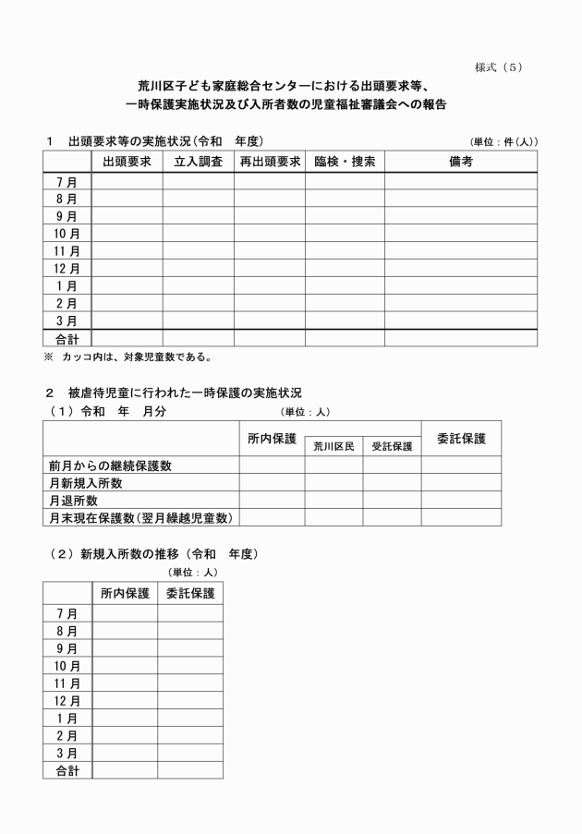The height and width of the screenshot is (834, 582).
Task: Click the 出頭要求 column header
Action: coord(127,162)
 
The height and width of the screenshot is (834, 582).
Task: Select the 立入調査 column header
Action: coord(199,162)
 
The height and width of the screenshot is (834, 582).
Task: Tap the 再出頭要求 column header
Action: coord(270,162)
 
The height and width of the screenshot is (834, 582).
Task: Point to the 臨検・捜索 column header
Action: coord(345,162)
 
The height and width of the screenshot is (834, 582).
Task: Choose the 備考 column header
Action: coord(461,162)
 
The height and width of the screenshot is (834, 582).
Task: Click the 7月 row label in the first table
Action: coord(67,182)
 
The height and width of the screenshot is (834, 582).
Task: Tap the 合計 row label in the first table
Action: coord(67,339)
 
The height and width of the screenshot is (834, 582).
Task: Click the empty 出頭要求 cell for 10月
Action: coord(127,234)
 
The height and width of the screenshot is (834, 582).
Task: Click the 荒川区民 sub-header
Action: coord(333,446)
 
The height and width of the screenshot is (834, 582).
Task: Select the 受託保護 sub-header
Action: coord(392,446)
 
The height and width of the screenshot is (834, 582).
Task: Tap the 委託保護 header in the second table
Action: coord(461,437)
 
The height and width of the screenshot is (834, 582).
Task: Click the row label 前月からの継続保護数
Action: coord(110,465)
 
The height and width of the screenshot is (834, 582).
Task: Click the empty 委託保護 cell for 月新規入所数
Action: coord(461,483)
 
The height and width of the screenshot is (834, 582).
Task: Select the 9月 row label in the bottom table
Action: coord(67,648)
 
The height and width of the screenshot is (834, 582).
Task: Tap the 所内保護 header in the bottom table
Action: coord(125,594)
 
